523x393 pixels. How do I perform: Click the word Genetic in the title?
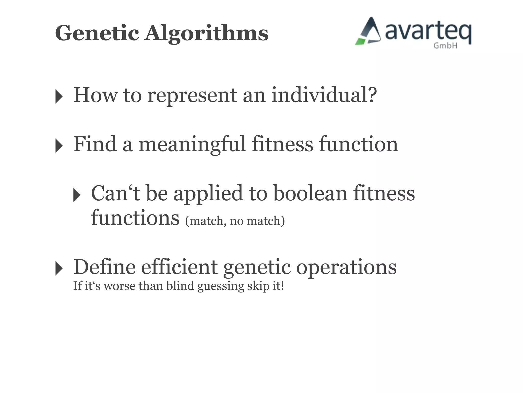click(x=97, y=33)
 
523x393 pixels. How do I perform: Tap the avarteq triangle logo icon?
click(x=369, y=32)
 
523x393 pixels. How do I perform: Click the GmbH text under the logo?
click(x=445, y=46)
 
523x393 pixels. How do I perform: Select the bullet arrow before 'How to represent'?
click(x=59, y=97)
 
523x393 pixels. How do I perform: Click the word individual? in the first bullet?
click(x=324, y=95)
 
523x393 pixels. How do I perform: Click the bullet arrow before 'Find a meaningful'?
click(x=59, y=146)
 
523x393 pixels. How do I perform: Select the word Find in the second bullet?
click(x=95, y=144)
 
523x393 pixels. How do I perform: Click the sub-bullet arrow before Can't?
click(x=77, y=195)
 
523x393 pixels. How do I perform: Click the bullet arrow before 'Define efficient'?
click(x=59, y=269)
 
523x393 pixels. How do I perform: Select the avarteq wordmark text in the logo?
click(x=428, y=32)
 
